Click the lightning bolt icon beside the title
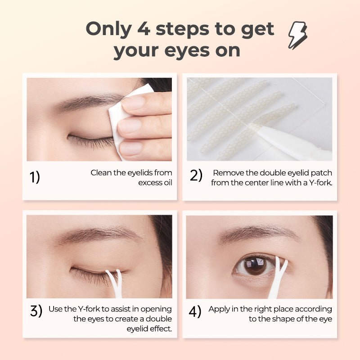[298, 35]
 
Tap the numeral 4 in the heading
[144, 29]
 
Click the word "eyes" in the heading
[187, 51]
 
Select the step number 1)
[35, 177]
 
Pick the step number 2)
[196, 175]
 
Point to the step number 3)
[36, 311]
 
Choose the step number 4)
[195, 311]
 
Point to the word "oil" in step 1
[167, 183]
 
